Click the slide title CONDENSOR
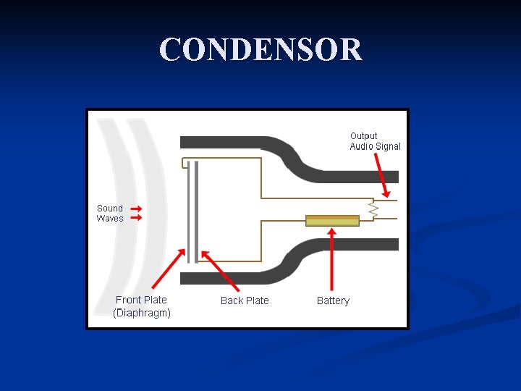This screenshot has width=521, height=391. coord(260,50)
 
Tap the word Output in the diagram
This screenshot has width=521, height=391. coord(363,135)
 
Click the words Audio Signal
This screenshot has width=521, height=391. coord(375,146)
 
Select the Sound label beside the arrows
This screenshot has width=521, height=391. coord(110,208)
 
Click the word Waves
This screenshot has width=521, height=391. coord(110,218)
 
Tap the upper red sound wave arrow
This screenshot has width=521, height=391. coord(135,208)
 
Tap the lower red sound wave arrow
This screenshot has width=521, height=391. coord(135,217)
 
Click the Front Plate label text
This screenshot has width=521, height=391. coord(141,300)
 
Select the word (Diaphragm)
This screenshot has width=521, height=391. coord(142,313)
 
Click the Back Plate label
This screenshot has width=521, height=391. coord(245,300)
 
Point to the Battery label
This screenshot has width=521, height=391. coord(333,300)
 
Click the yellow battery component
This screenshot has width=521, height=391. coord(332,221)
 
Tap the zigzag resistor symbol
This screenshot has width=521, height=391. coord(373,209)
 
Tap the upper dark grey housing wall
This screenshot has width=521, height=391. coord(239,142)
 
